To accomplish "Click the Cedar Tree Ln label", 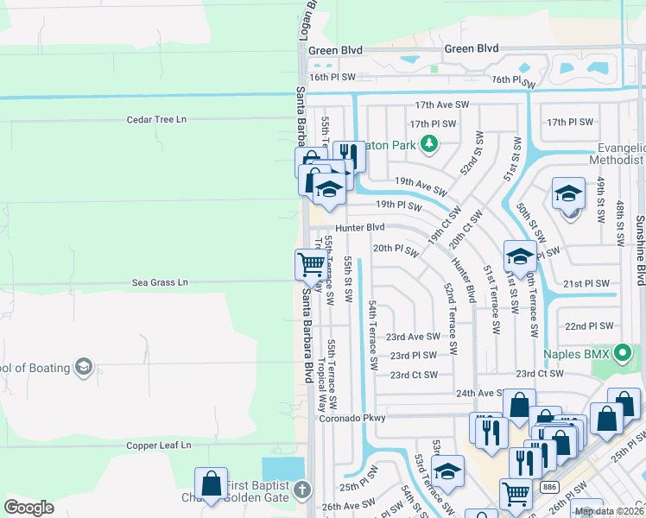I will [x=156, y=120].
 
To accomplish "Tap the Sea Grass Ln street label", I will [x=159, y=282].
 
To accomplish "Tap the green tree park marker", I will [x=427, y=144].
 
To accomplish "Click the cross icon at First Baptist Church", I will [x=301, y=490].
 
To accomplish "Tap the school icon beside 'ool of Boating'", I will [x=83, y=368].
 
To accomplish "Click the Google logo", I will [x=29, y=508].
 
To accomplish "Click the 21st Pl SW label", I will [x=586, y=284].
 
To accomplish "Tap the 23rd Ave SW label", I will [x=413, y=337].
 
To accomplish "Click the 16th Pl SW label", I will [x=332, y=78].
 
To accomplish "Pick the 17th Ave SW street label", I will [x=441, y=104].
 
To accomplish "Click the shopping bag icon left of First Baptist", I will [x=211, y=484].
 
